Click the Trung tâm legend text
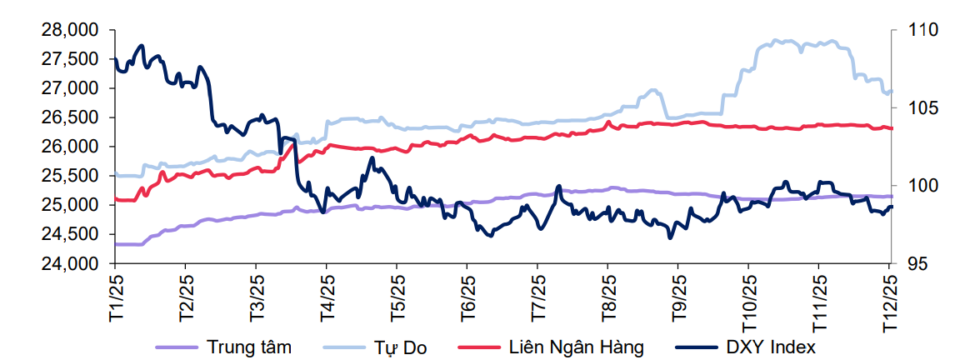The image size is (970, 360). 248,347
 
